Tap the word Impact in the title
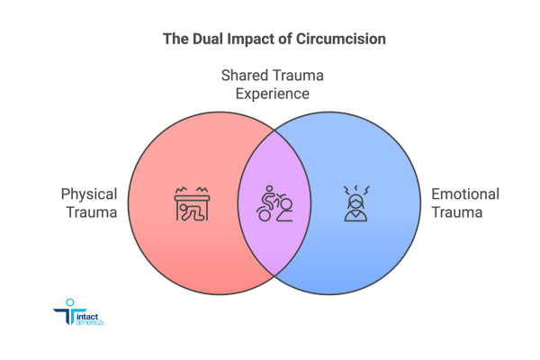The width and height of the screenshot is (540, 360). tap(248, 40)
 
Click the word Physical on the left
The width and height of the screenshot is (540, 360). tap(89, 194)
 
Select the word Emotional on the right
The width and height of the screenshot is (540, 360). tap(465, 194)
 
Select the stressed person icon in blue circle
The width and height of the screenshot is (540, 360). tap(354, 204)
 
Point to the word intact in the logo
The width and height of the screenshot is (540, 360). tap(88, 315)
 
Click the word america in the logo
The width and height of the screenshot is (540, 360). tap(90, 323)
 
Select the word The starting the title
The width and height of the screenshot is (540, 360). tap(173, 40)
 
